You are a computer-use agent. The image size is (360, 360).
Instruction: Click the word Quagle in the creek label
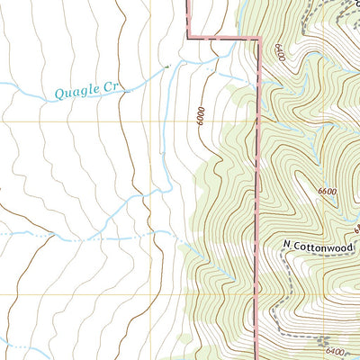75,91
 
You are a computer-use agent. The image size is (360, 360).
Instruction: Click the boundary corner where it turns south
259,38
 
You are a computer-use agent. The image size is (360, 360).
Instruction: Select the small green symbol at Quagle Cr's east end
167,65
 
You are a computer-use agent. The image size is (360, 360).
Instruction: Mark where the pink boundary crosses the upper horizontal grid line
259,121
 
